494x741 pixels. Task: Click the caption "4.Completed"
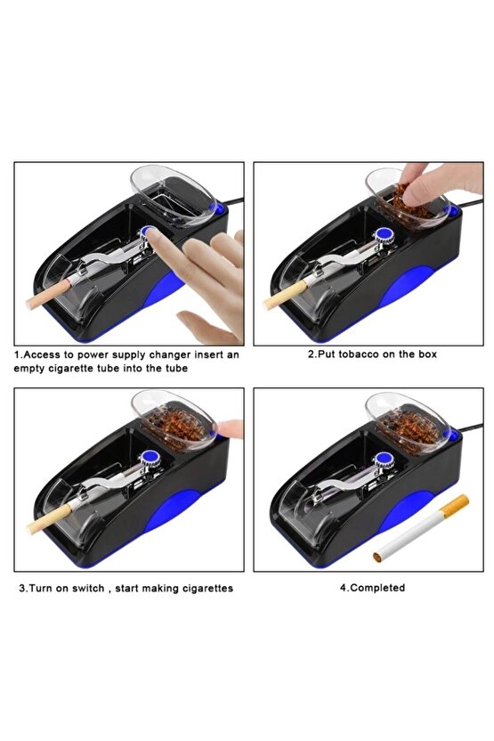click(x=372, y=588)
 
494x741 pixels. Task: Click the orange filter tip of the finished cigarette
click(x=455, y=505)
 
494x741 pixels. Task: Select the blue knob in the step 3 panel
click(x=149, y=457)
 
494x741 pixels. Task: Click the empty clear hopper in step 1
click(x=173, y=195)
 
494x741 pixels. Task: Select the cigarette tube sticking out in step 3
click(x=49, y=519)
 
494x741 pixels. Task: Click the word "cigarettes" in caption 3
click(x=207, y=589)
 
